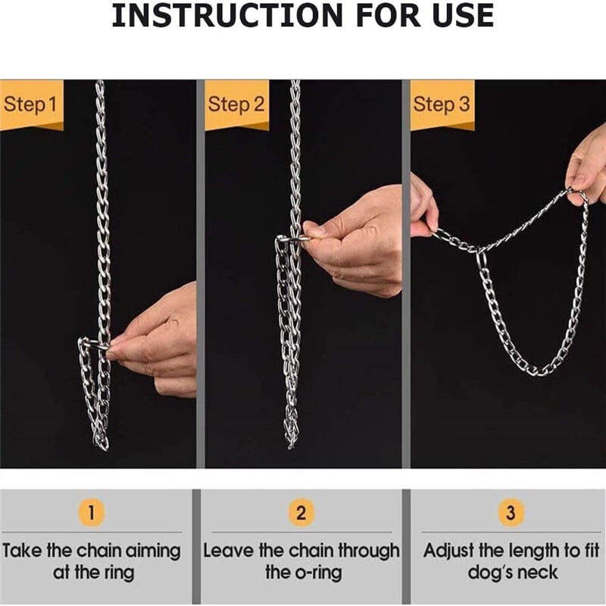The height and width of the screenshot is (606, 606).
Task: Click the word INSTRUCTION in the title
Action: pyautogui.click(x=227, y=15)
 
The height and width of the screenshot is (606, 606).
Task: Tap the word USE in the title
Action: pyautogui.click(x=463, y=15)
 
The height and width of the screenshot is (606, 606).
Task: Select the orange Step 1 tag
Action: pyautogui.click(x=31, y=105)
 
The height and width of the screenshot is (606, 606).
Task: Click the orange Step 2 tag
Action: pyautogui.click(x=236, y=105)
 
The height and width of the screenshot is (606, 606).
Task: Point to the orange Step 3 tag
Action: pyautogui.click(x=442, y=105)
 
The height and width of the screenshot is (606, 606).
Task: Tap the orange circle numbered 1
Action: pyautogui.click(x=91, y=513)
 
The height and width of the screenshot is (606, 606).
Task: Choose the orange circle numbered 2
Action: pyautogui.click(x=301, y=513)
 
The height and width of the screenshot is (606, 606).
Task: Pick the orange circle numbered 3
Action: pyautogui.click(x=511, y=513)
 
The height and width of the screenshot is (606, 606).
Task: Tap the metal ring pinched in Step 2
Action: pyautogui.click(x=293, y=239)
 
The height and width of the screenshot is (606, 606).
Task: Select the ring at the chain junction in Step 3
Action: pyautogui.click(x=481, y=260)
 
